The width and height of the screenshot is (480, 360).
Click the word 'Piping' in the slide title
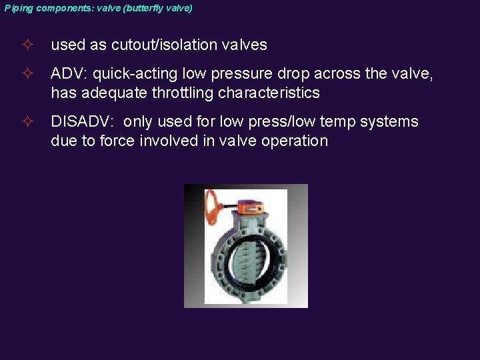18,9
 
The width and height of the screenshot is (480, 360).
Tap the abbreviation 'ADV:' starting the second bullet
69,74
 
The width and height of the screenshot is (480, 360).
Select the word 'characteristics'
268,93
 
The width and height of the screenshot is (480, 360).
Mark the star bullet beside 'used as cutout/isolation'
26,45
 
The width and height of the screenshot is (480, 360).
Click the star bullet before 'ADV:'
26,74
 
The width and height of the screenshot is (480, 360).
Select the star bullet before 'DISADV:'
26,122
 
